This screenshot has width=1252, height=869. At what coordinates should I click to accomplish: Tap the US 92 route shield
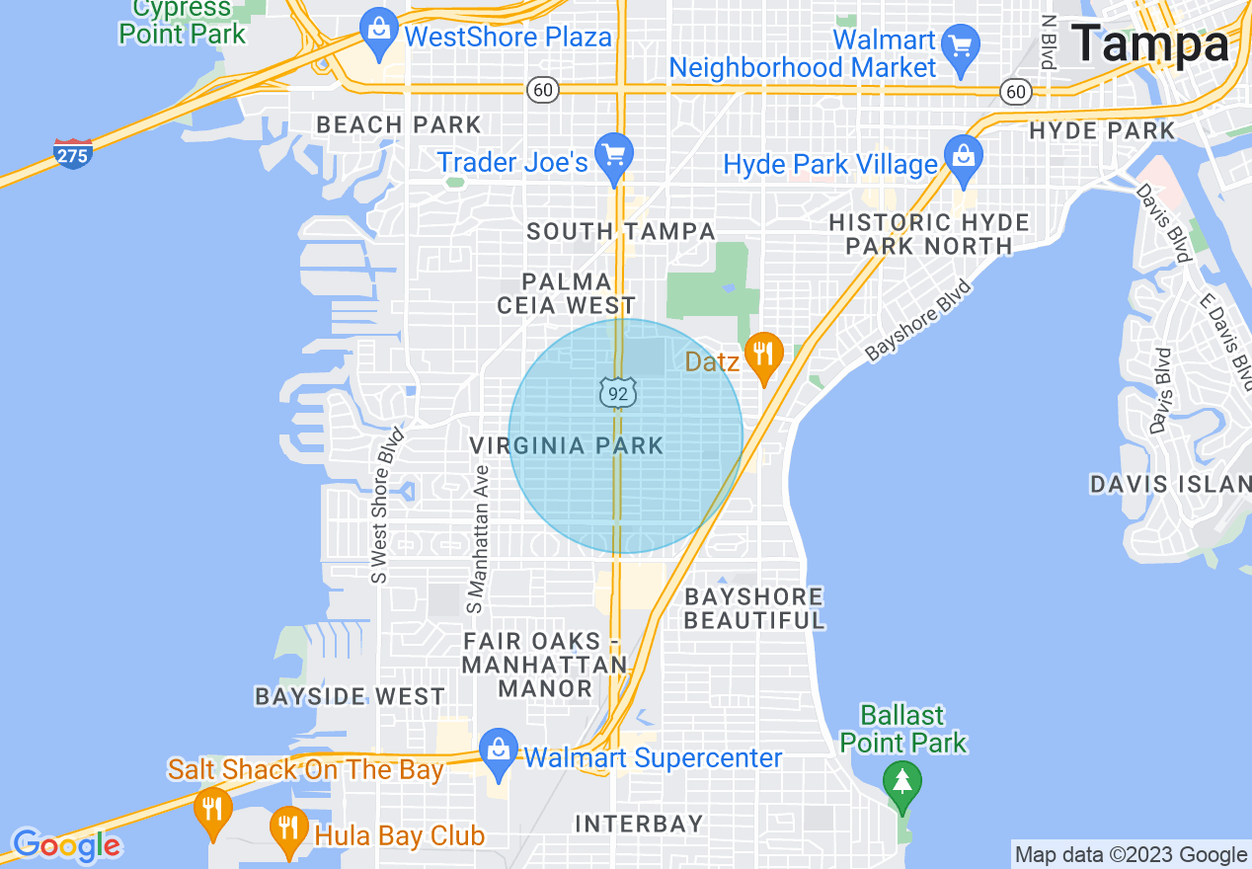617,393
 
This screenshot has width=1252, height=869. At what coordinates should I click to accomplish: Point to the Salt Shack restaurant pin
211,809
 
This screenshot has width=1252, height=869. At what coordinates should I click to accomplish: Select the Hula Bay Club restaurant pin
288,828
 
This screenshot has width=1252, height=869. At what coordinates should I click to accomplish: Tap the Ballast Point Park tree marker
901,783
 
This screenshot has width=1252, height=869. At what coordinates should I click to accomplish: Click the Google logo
67,845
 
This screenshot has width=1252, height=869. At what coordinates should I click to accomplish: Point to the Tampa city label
1150,43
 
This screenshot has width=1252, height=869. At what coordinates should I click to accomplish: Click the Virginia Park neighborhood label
567,446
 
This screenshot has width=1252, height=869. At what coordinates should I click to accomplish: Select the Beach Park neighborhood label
399,124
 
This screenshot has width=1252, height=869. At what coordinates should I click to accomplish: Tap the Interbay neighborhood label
639,824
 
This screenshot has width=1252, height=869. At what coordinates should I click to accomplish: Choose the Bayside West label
350,696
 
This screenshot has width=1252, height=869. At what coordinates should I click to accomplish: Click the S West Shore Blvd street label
386,505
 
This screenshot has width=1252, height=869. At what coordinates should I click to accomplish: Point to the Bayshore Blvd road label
919,321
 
